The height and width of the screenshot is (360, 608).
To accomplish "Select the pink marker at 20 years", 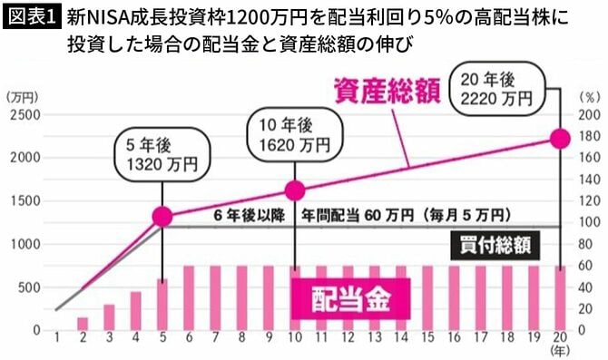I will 560,138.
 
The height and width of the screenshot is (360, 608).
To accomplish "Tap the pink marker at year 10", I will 295,190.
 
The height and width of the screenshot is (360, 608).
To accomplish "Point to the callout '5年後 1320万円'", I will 162,153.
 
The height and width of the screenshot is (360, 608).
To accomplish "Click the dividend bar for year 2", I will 83,324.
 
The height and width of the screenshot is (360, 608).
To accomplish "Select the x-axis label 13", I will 375,340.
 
